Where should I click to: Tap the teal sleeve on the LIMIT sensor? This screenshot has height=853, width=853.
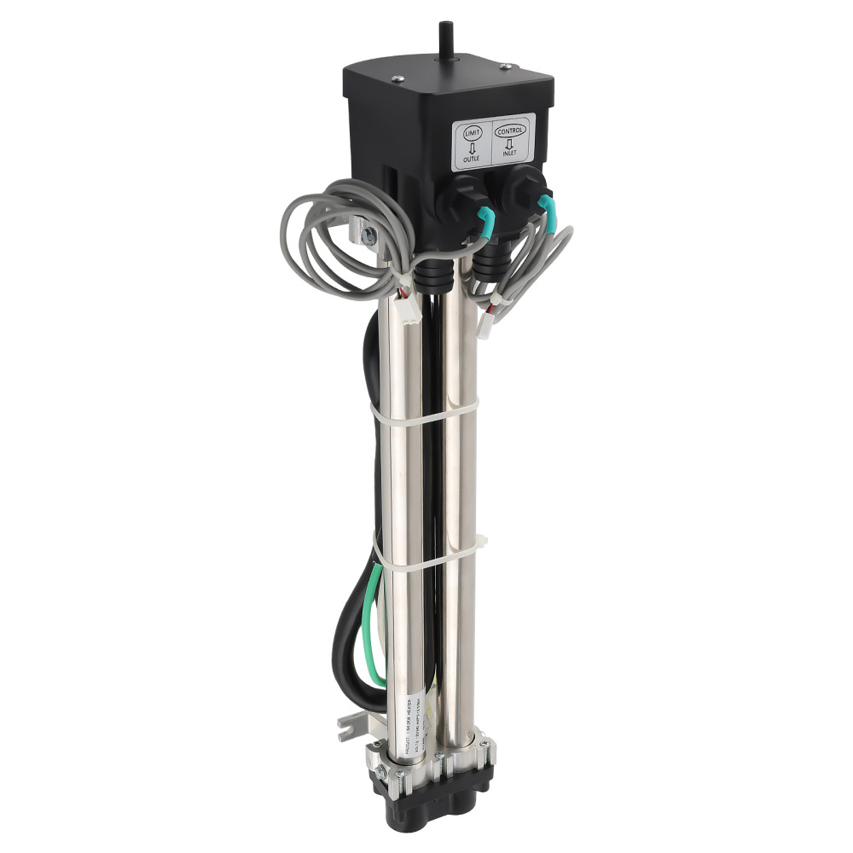coord(484,221)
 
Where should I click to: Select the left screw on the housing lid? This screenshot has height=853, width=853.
coord(397,79)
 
